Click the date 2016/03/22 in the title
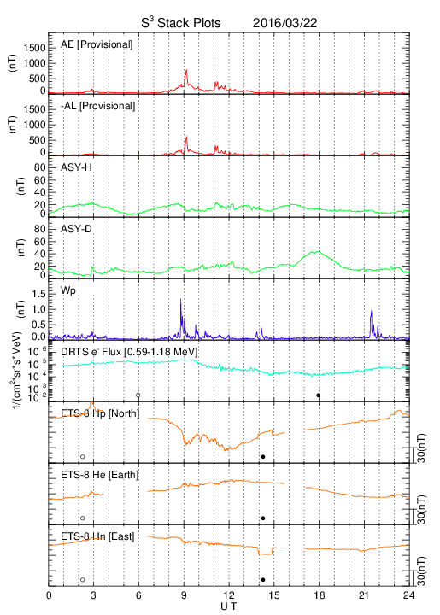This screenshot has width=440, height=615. pos(285,23)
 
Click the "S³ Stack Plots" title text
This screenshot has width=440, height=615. pos(181,23)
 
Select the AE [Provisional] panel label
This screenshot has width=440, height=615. pos(97,44)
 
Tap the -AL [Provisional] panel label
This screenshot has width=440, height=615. pos(97,106)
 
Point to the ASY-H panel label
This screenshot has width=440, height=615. pos(76,167)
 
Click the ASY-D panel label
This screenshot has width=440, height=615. pos(76,229)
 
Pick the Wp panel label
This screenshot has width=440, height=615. pos(68,291)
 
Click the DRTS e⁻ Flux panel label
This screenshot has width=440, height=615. pos(129,352)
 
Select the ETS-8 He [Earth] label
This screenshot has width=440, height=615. pos(100,475)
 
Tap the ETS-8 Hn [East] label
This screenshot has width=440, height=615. pos(97,536)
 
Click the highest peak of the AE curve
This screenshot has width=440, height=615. pos(186,70)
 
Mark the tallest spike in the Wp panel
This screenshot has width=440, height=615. pos(181,299)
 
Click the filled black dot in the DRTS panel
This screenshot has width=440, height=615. pos(319,395)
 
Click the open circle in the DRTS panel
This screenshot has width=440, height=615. pos(138,395)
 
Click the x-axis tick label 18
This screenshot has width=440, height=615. pos(320,595)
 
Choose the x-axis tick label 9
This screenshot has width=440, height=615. pos(184,595)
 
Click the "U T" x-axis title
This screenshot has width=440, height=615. pos(229,606)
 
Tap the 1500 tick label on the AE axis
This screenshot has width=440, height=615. pos(34,48)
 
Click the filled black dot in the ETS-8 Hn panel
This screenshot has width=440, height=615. pos(263,580)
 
